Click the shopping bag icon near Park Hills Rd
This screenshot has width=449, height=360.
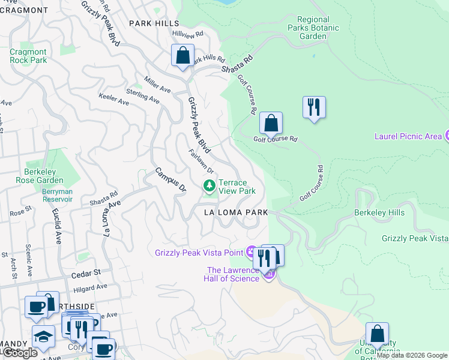click(182, 55)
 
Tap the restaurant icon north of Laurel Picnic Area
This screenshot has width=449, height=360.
click(314, 107)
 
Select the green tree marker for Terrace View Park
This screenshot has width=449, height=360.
click(209, 187)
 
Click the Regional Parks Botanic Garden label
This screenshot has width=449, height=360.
click(313, 28)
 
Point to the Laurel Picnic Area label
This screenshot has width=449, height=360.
click(408, 136)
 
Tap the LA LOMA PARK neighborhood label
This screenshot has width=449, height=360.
click(235, 212)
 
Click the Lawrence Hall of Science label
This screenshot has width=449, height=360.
click(233, 274)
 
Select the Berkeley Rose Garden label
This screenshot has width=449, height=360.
click(44, 176)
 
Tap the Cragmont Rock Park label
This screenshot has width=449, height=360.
click(28, 56)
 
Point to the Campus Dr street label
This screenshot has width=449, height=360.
click(170, 179)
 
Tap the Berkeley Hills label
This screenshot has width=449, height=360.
click(379, 212)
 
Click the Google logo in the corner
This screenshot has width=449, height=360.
click(19, 353)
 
